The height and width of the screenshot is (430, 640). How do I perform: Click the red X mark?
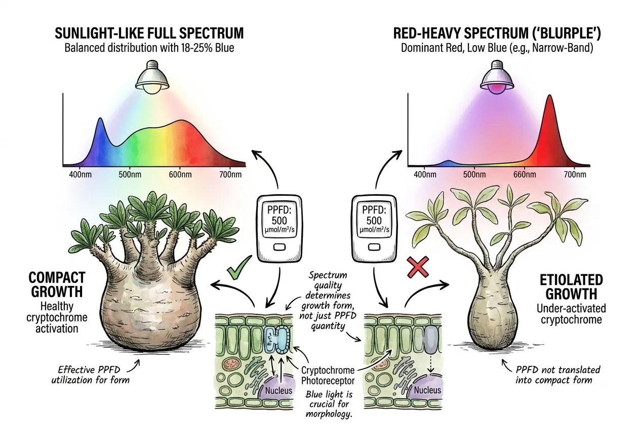coord(418,267)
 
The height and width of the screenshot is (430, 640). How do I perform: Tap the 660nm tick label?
coord(525,174)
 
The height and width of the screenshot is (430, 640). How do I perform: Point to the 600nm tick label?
coord(180,174)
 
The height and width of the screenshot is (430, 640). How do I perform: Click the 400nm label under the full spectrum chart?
coord(81,174)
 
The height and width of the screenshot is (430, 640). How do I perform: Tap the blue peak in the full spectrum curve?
coord(100,119)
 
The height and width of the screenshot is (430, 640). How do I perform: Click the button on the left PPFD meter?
coord(279,247)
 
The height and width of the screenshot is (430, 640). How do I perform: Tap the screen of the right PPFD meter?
coord(374,220)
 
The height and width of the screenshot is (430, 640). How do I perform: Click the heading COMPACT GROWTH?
coord(57,284)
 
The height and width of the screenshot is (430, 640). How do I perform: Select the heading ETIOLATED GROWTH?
coord(571,287)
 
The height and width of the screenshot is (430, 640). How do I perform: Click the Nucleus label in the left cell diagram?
coord(278,390)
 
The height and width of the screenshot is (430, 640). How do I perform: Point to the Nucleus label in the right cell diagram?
coord(427,389)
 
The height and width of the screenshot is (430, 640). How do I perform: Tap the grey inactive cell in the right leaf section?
coord(431,340)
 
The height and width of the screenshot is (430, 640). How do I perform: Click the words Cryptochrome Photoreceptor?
coord(328,375)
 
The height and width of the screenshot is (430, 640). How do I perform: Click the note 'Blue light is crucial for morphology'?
coord(329,404)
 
